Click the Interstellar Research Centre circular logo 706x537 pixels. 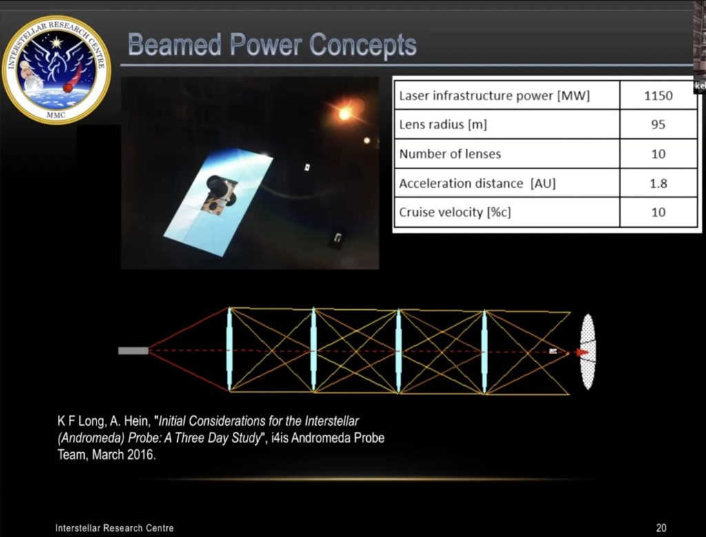coord(57,69)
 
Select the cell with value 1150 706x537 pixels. coord(658,96)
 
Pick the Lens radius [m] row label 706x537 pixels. coord(445,125)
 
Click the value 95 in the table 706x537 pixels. coord(658,125)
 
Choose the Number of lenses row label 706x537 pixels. coord(450,154)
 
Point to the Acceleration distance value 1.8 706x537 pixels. coord(658,184)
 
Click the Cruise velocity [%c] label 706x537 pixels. coord(455,213)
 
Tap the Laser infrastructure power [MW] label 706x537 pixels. coord(494,96)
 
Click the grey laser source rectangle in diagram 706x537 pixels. coord(133,351)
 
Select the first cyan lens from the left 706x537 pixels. coord(230,351)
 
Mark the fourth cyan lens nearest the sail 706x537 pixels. coord(484,351)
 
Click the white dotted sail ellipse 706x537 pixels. coord(588,351)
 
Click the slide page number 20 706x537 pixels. coord(661,528)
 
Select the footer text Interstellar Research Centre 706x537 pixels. coord(114,528)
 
